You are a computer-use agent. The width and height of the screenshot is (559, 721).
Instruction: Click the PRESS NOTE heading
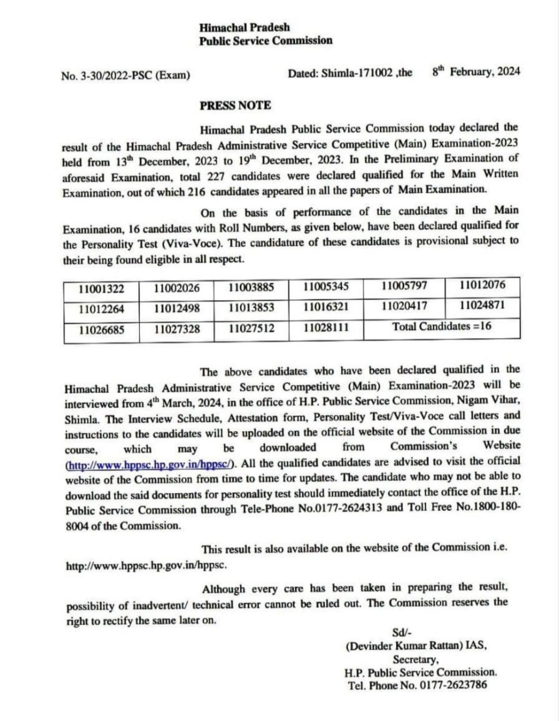235,105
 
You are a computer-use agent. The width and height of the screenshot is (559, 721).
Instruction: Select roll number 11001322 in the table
101,288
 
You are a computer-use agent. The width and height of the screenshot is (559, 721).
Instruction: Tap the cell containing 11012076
482,285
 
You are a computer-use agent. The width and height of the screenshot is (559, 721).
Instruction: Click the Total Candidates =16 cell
442,326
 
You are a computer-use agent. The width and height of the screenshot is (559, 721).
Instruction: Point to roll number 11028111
326,327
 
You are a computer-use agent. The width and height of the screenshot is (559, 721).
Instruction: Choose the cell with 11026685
101,330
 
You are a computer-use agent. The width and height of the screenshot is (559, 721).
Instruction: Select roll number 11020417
404,306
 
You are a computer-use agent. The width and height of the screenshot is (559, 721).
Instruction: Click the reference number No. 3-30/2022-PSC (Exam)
125,75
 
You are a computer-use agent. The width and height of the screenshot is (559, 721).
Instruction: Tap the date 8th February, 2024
476,72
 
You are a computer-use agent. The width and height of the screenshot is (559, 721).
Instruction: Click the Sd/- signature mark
402,632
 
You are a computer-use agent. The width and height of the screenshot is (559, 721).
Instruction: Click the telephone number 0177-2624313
350,509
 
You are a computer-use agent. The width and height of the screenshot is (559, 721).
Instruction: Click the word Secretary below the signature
416,659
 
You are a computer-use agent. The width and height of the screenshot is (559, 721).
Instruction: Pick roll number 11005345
326,286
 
